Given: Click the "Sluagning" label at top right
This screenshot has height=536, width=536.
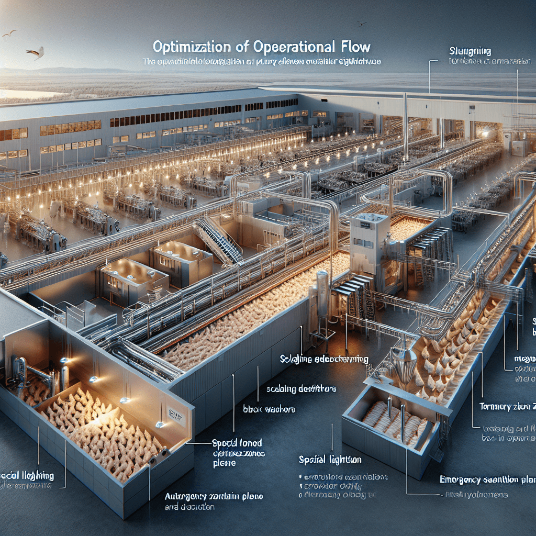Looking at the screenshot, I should coord(470,51).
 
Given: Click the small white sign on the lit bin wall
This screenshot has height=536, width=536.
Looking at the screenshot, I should coord(177,415).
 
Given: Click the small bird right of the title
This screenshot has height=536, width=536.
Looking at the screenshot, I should coord(361,24).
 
